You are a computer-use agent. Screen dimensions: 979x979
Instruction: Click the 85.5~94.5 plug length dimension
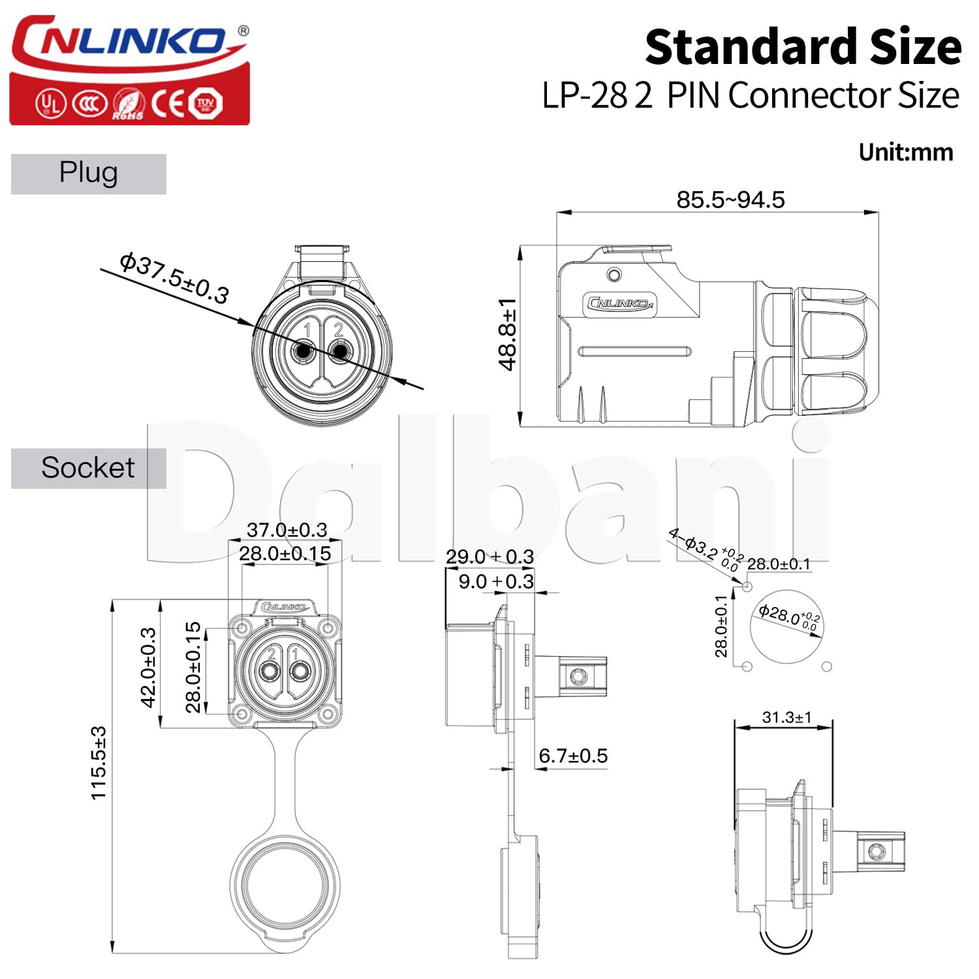pyautogui.click(x=730, y=200)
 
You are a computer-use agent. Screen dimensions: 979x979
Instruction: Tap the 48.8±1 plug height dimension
pyautogui.click(x=508, y=335)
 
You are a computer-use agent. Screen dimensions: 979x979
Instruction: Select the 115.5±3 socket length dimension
pyautogui.click(x=98, y=762)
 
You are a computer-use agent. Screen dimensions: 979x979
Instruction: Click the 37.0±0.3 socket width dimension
pyautogui.click(x=287, y=529)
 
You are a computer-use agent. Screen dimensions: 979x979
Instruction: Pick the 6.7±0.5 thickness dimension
pyautogui.click(x=573, y=756)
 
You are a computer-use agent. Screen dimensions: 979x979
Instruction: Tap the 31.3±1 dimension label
pyautogui.click(x=786, y=717)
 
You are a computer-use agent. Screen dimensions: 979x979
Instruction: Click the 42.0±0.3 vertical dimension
pyautogui.click(x=149, y=667)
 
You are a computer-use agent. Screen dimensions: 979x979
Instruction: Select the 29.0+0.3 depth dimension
pyautogui.click(x=489, y=557)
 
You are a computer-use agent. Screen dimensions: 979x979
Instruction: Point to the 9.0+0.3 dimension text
pyautogui.click(x=496, y=582)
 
